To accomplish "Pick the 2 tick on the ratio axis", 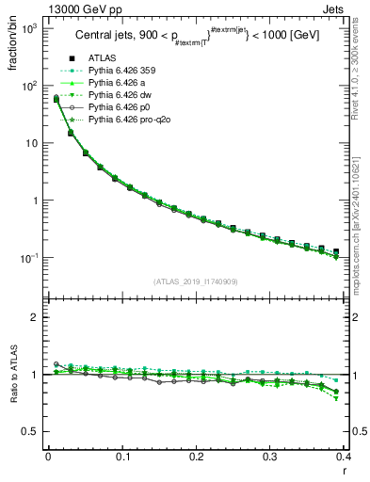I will tap(37, 317).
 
